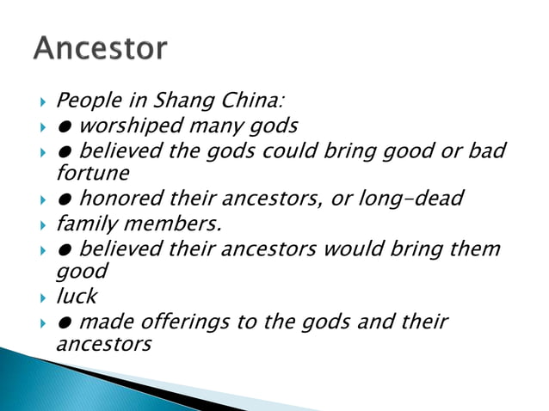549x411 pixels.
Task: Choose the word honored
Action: pyautogui.click(x=116, y=199)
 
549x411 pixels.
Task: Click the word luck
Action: pyautogui.click(x=77, y=297)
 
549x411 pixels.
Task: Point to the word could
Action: pyautogui.click(x=307, y=151)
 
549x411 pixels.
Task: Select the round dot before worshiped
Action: pyautogui.click(x=65, y=127)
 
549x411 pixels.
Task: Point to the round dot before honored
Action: pyautogui.click(x=65, y=200)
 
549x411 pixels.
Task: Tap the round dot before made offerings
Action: pyautogui.click(x=65, y=323)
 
